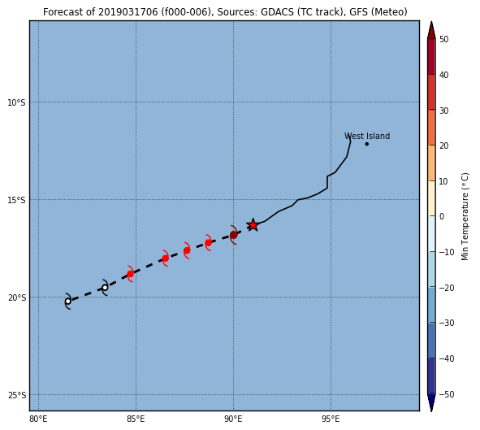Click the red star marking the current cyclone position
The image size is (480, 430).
[253, 225]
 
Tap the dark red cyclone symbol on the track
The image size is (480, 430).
[234, 235]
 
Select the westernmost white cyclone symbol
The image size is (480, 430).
[67, 301]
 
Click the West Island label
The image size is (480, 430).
[367, 136]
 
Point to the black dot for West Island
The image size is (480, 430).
[367, 144]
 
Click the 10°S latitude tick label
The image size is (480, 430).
[16, 102]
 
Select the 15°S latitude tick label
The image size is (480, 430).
[16, 200]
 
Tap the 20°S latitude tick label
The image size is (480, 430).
[16, 298]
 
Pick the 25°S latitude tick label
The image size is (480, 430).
[16, 395]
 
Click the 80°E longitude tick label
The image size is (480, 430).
[38, 419]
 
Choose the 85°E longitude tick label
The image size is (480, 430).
[136, 419]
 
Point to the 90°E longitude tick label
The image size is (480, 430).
[233, 419]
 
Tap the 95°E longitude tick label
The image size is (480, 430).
[331, 419]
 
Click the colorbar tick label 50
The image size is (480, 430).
[444, 39]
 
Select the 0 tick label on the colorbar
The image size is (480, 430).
[442, 216]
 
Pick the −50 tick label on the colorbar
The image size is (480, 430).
[447, 394]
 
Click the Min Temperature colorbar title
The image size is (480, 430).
[465, 216]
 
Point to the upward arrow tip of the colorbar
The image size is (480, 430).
[431, 21]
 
